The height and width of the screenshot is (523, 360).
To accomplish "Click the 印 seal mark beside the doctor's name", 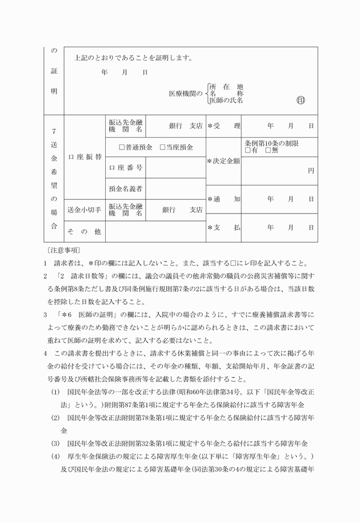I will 301,100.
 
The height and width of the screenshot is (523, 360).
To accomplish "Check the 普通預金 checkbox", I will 122,147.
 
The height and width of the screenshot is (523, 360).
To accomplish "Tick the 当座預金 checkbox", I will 162,147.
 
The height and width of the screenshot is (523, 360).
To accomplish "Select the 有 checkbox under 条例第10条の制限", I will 247,151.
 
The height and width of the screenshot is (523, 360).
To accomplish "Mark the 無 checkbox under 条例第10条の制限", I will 268,151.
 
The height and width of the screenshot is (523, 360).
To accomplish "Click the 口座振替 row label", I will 85,156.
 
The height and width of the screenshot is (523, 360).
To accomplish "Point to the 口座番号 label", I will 125,168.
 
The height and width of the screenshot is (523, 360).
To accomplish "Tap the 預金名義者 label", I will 125,188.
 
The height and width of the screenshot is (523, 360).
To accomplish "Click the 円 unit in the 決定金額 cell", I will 310,171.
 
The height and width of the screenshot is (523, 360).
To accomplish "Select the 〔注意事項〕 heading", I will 62,250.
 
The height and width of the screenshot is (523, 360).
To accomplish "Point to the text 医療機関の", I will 186,93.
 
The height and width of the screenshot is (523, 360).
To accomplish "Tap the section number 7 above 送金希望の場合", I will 54,131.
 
